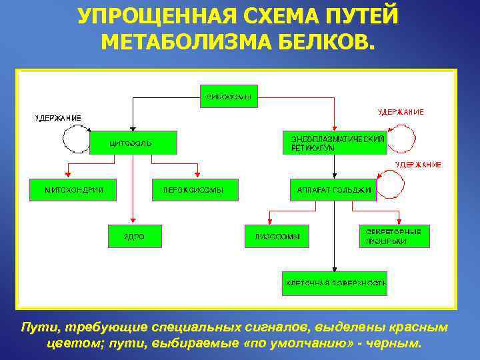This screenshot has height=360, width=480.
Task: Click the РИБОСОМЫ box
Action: pos(229,96)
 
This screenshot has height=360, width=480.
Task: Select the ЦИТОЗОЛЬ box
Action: pos(133,143)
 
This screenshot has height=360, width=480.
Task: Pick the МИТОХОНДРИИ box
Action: pos(70,189)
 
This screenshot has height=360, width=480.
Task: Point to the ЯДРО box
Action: pos(134,236)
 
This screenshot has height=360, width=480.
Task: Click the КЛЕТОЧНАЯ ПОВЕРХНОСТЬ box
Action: pos(335,283)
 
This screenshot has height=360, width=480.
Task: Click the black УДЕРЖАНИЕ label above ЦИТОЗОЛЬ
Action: pos(59,118)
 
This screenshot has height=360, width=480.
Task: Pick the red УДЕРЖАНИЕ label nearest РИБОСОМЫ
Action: pos(401,112)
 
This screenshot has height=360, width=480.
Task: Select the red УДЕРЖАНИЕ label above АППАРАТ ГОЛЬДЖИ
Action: pos(417,164)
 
